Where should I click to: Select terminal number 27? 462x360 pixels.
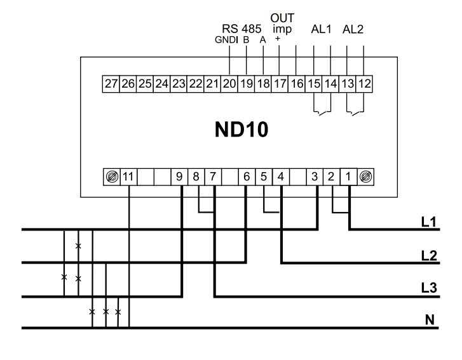[x=111, y=84]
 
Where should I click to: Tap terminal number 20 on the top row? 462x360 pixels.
[x=229, y=84]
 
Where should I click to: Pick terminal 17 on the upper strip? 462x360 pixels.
[x=280, y=84]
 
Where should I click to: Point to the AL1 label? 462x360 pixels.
[x=322, y=30]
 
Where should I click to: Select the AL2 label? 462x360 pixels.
[x=354, y=30]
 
